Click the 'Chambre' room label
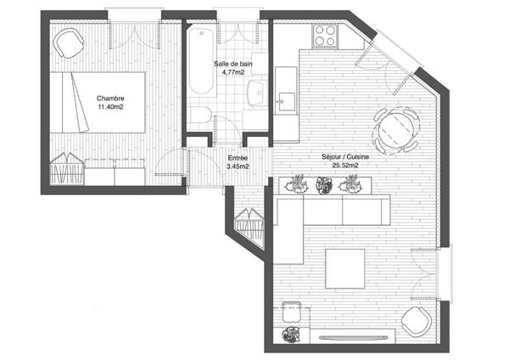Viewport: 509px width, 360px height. click(110, 98)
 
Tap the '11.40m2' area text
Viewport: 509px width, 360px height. click(110, 107)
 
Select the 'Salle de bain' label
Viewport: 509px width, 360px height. click(233, 64)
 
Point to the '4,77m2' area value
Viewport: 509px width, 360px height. click(233, 72)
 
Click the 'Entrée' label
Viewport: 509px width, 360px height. click(238, 158)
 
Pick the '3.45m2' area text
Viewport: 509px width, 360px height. click(238, 166)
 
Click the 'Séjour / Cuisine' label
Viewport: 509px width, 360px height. click(345, 156)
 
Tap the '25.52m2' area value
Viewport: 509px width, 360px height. click(345, 166)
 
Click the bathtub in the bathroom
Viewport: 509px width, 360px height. click(201, 61)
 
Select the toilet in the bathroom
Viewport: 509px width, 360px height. click(200, 115)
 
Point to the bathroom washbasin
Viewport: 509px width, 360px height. click(257, 93)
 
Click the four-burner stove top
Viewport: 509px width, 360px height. click(325, 36)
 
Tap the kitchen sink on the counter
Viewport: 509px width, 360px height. click(286, 101)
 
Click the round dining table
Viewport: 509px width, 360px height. click(396, 130)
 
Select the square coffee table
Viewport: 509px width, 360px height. click(345, 268)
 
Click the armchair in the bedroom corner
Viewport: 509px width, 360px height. click(69, 43)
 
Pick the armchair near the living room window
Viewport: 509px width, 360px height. click(417, 322)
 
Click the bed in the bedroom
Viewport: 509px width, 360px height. click(97, 103)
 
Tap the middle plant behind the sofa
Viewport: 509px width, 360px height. click(324, 186)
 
